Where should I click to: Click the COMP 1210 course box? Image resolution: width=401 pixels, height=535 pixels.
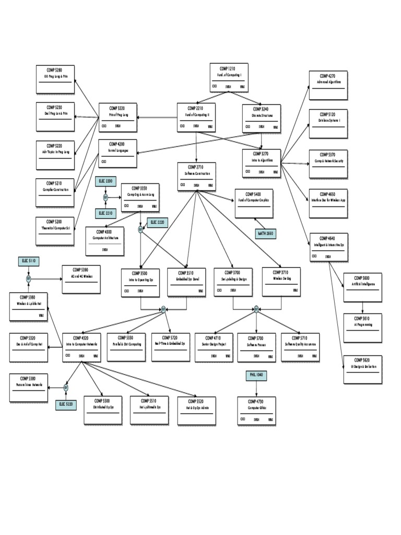point(229,77)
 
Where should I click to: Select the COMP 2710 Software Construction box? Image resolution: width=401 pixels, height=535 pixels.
point(196,176)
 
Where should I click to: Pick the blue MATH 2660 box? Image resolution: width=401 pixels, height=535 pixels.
point(265,234)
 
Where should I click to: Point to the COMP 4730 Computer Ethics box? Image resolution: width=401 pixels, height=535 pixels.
point(256,411)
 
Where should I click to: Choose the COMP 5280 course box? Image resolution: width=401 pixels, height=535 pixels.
point(55,79)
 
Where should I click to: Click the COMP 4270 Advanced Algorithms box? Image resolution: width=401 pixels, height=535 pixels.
point(328,85)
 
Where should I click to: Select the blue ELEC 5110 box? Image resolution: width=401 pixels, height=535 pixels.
point(29,260)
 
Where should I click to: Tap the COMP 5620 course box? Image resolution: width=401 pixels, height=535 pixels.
point(362,369)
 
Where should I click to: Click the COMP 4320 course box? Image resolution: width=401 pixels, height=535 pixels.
point(81,347)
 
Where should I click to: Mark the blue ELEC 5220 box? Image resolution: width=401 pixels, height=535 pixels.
point(66,404)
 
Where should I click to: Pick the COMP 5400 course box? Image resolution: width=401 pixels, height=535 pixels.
point(254,203)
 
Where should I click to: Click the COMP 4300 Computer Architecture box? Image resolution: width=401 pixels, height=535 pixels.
point(105,241)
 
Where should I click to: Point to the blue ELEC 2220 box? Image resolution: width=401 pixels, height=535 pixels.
point(157,223)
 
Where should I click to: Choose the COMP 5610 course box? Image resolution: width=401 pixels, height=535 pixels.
point(362,328)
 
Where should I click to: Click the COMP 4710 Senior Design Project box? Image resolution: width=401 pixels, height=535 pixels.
point(214,347)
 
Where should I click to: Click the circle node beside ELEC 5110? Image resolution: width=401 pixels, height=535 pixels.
point(29,279)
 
